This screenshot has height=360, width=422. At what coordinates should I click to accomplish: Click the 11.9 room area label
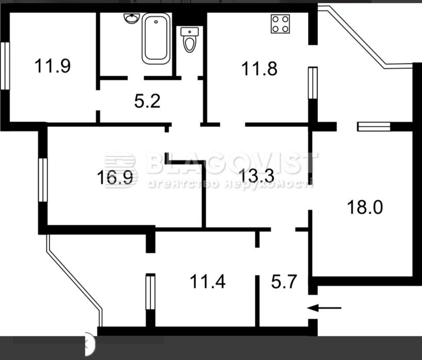[x=53, y=66]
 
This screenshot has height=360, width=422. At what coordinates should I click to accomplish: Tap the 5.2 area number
[x=147, y=101]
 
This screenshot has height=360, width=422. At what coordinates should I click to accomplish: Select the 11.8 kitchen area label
[x=259, y=68]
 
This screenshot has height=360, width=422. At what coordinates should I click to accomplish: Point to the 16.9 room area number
[x=115, y=178]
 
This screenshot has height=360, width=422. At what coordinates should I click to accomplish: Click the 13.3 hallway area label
[x=257, y=176]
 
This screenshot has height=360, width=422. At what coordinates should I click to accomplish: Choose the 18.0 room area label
[x=365, y=207]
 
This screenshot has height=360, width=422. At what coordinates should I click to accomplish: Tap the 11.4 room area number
[x=208, y=282]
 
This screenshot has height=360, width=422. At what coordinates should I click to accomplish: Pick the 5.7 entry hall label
[x=284, y=281]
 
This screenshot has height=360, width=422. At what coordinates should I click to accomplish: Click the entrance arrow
[x=324, y=308]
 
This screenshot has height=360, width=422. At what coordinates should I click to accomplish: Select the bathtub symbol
[x=156, y=39]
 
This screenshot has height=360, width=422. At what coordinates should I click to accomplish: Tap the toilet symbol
[x=190, y=40]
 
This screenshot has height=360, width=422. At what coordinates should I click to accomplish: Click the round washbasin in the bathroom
[x=132, y=19]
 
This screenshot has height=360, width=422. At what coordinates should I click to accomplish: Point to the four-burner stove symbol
[x=280, y=24]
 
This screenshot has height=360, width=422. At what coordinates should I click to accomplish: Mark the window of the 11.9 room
[x=5, y=66]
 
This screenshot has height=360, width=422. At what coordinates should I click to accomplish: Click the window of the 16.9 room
[x=43, y=180]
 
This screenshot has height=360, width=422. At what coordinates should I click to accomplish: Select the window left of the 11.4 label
[x=150, y=292]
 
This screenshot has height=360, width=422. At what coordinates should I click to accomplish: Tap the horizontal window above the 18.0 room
[x=374, y=127]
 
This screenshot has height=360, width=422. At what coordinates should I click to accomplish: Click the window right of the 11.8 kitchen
[x=313, y=83]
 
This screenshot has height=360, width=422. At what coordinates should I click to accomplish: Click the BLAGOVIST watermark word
[x=232, y=163]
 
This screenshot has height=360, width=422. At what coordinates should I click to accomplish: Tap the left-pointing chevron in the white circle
[x=87, y=344]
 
